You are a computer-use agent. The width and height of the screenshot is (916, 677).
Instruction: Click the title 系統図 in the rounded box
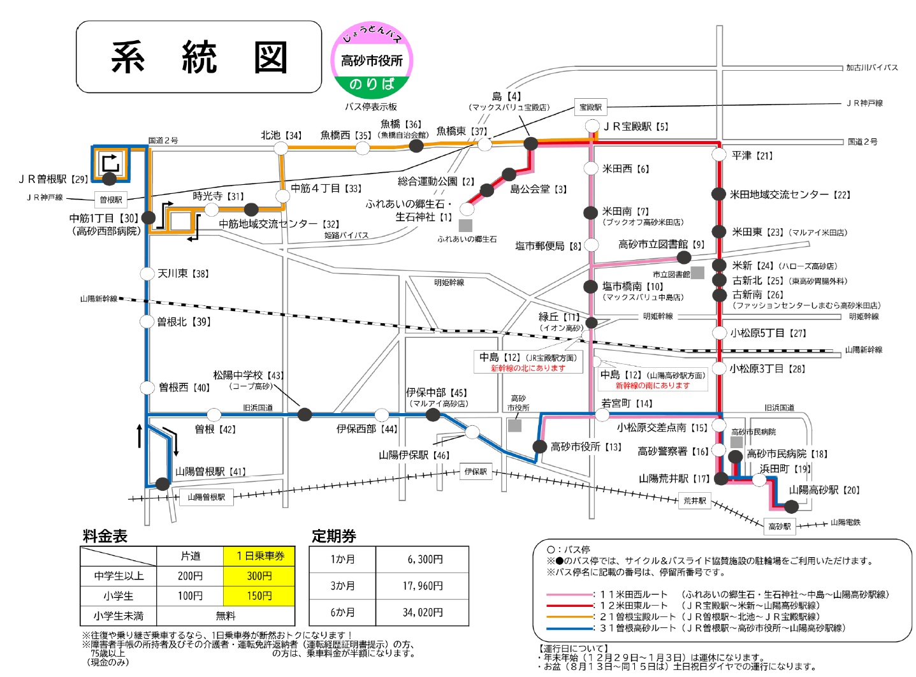click(199, 57)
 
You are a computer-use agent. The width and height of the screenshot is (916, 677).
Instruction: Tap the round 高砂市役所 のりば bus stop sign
click(372, 61)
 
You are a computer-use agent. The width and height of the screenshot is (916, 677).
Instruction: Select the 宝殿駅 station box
click(590, 107)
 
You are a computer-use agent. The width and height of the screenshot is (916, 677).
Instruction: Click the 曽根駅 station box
click(111, 200)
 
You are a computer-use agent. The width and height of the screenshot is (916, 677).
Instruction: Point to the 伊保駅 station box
click(476, 472)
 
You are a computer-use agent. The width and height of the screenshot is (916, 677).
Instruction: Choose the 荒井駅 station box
click(695, 501)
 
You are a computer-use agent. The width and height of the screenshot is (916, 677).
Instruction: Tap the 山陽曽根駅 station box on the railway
click(206, 497)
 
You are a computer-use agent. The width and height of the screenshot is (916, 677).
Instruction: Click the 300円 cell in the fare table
click(259, 576)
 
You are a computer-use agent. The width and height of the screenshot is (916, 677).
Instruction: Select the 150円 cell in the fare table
click(259, 596)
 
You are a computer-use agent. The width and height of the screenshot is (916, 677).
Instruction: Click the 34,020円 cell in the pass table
click(422, 613)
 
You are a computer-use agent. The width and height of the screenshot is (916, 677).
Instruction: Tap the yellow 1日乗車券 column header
click(259, 556)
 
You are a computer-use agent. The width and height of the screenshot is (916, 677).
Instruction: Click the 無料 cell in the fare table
click(226, 616)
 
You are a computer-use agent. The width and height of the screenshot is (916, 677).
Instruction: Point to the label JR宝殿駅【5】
click(636, 126)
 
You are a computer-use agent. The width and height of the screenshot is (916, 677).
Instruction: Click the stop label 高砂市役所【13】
click(586, 447)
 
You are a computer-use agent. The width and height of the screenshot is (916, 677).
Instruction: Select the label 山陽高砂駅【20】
click(824, 490)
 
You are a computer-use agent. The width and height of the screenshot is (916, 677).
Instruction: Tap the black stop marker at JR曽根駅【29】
click(110, 179)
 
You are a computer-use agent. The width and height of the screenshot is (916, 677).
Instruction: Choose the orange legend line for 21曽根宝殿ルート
click(569, 617)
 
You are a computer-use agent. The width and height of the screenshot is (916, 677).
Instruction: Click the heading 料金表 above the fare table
click(105, 536)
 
